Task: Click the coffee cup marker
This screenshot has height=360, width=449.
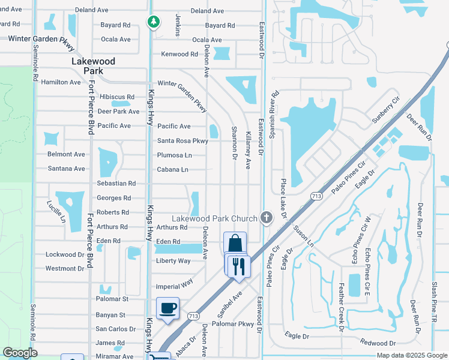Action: pyautogui.click(x=167, y=308)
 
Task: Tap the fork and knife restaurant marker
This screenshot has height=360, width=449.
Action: pyautogui.click(x=239, y=266)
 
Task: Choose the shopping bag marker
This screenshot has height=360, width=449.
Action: pyautogui.click(x=235, y=244)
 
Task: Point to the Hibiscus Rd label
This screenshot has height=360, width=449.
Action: pyautogui.click(x=117, y=97)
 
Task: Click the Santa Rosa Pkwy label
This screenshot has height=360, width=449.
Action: pyautogui.click(x=182, y=141)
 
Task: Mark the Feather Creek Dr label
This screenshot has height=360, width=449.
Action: pyautogui.click(x=341, y=308)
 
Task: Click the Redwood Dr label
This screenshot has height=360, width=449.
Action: pyautogui.click(x=378, y=343)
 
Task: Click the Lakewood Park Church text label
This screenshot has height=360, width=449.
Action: pyautogui.click(x=215, y=218)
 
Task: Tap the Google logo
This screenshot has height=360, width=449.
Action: pyautogui.click(x=20, y=353)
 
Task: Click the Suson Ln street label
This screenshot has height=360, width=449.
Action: pyautogui.click(x=303, y=236)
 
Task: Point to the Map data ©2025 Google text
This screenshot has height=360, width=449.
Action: pyautogui.click(x=412, y=355)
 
